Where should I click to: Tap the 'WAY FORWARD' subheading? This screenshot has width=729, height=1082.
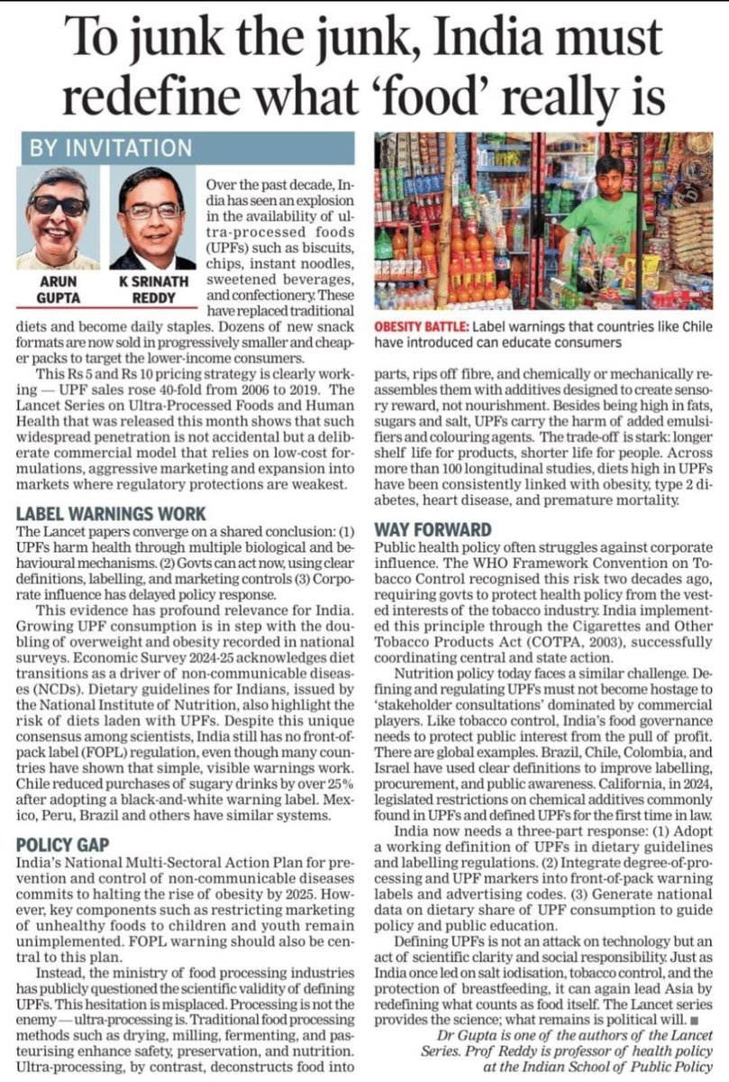point(433,529)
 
